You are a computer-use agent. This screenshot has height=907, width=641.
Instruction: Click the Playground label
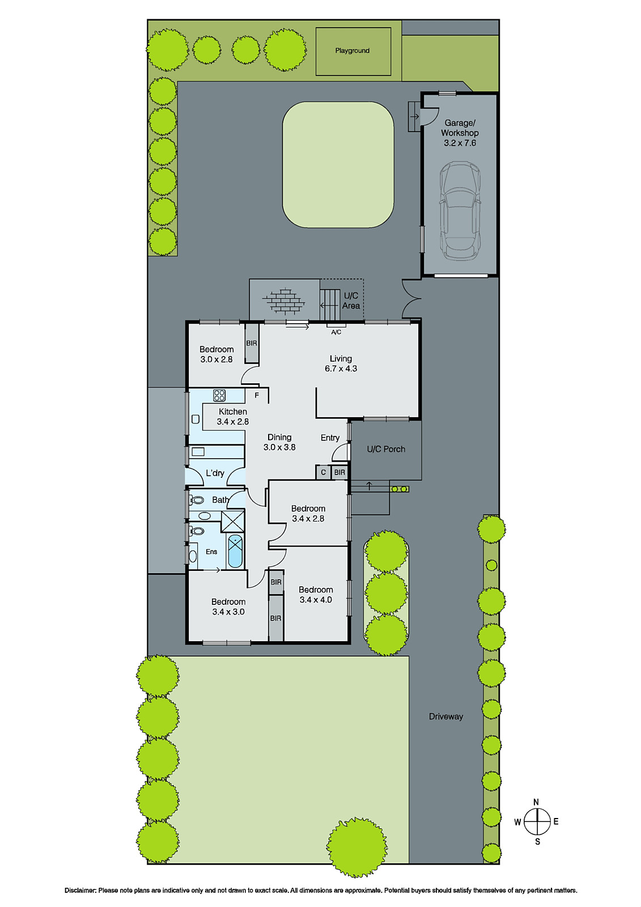pos(352,50)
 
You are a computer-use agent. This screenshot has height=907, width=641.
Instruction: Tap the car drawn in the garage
pos(460,210)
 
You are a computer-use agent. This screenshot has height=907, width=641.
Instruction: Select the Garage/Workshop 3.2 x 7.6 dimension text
pos(460,143)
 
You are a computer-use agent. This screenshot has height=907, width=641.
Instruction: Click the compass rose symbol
pos(536,821)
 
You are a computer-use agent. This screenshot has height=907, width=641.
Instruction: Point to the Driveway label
pos(445,717)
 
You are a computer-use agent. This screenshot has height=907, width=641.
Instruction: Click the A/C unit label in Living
pos(336,332)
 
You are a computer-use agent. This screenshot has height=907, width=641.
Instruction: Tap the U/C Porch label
pos(386,449)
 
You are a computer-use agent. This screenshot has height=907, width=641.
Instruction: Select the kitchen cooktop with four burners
pos(219,395)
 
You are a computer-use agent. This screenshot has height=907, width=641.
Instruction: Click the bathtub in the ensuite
pos(235,550)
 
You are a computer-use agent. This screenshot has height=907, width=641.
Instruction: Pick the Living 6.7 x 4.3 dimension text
pos(341,368)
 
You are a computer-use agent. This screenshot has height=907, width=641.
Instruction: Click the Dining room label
pos(279,437)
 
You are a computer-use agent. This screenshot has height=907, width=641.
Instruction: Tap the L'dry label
pos(215,473)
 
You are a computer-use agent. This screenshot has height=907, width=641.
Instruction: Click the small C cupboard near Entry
pos(323,472)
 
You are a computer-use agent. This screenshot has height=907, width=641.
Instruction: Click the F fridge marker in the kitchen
pos(257,395)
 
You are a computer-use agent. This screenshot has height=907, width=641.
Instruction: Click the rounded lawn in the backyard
pos(338,164)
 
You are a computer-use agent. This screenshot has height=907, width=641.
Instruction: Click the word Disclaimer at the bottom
pos(80,891)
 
